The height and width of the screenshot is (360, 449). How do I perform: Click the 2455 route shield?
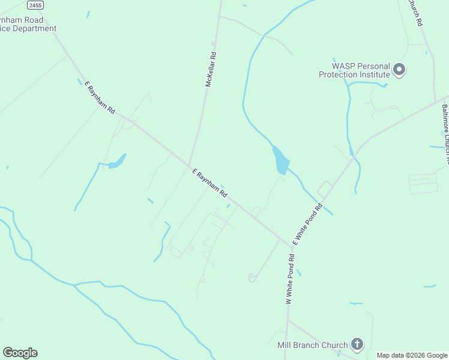click(35, 5)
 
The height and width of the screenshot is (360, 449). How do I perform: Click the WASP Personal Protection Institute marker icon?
click(399, 70)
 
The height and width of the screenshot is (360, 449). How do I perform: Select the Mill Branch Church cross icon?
click(357, 344)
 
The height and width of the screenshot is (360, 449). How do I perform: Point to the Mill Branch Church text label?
click(312, 345)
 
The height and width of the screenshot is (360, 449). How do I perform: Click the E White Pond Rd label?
click(308, 224)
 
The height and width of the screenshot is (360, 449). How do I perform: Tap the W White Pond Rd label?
click(290, 280)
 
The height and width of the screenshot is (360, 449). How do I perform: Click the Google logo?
click(20, 353)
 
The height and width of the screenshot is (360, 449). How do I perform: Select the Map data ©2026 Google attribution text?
click(412, 355)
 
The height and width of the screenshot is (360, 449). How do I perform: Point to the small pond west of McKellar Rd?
click(118, 161)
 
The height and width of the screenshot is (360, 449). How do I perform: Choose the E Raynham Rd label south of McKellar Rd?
click(209, 184)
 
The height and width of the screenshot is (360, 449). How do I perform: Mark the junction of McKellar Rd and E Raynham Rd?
click(190, 166)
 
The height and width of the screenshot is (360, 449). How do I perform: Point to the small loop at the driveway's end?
click(252, 277)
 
